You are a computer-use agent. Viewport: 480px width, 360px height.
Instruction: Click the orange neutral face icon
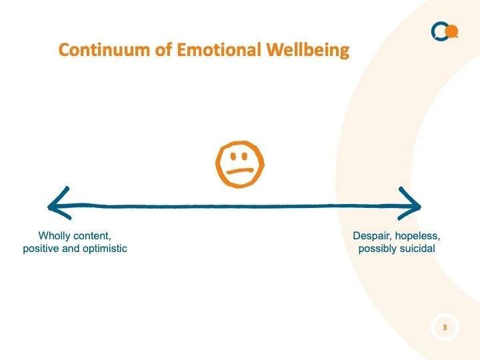(x=240, y=164)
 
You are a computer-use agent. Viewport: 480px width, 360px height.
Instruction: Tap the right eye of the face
(x=247, y=158)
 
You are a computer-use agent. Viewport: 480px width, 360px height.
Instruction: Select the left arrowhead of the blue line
(x=57, y=203)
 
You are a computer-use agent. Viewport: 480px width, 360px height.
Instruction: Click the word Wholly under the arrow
(x=55, y=236)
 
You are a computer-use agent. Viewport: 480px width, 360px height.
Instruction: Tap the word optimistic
(x=103, y=249)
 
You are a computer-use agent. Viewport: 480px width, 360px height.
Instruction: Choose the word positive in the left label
(x=42, y=249)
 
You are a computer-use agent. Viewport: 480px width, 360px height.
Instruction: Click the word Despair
(x=371, y=236)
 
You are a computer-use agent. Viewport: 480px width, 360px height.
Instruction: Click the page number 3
(x=445, y=327)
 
